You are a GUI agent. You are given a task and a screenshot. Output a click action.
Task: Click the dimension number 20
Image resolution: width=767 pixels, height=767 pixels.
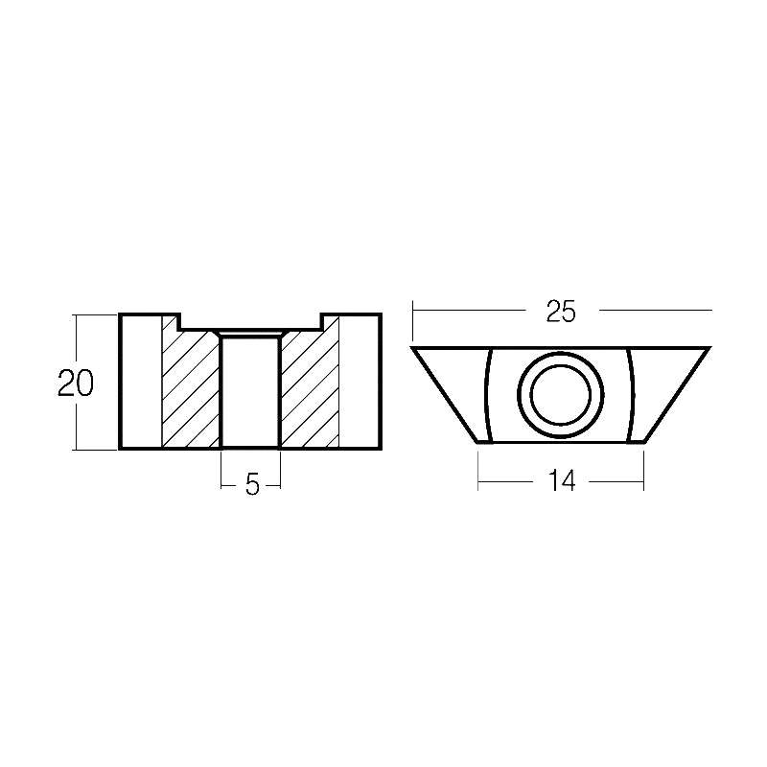76,383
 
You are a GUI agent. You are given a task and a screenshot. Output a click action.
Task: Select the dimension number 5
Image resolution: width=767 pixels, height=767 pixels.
252,485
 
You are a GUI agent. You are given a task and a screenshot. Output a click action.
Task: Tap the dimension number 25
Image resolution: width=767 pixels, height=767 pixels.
562,311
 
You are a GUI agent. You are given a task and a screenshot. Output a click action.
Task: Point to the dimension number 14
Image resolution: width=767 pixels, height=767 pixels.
562,482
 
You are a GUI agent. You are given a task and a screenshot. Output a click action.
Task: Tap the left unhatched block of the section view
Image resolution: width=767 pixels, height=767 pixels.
141,382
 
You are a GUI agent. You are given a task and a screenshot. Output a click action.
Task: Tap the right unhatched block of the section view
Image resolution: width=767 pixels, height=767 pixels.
360,382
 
